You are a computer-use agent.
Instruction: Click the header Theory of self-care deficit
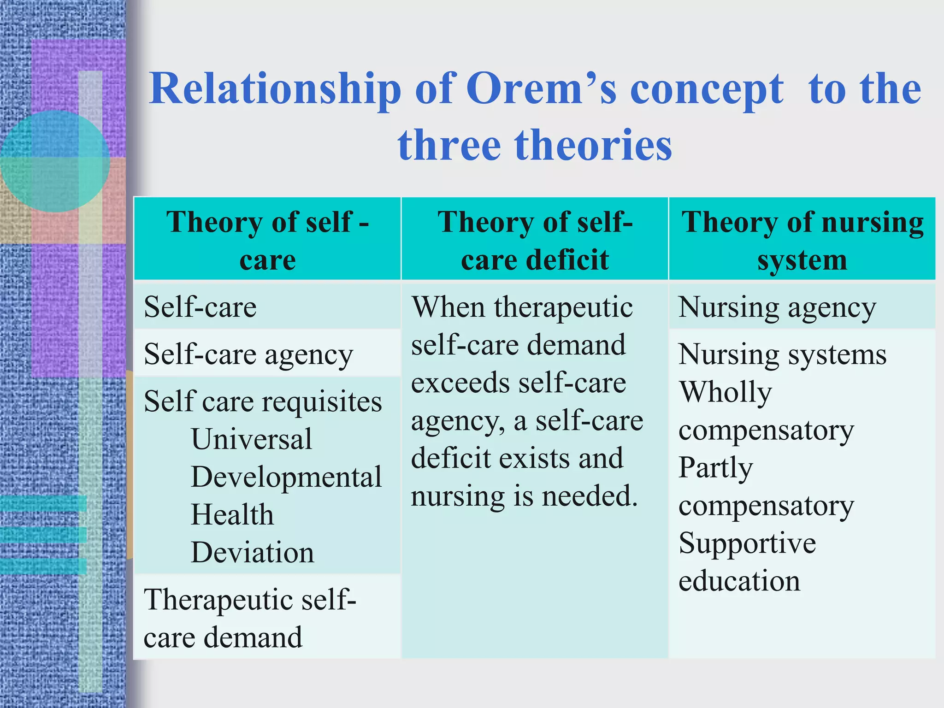click(x=535, y=240)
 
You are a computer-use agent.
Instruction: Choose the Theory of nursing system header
click(x=802, y=240)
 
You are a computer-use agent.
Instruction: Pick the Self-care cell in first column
click(x=200, y=307)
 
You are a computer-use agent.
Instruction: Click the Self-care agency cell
click(x=248, y=355)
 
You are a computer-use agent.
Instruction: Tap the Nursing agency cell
click(x=777, y=307)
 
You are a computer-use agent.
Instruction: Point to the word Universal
click(x=252, y=439)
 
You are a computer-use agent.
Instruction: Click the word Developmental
click(x=286, y=477)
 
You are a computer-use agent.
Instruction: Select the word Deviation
click(x=253, y=552)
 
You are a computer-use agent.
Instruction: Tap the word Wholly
click(x=726, y=393)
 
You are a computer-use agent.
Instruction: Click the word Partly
click(x=715, y=468)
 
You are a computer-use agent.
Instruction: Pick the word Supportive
click(x=747, y=543)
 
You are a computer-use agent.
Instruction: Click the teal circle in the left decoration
click(x=54, y=161)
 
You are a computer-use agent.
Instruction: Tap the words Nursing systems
click(x=782, y=355)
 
